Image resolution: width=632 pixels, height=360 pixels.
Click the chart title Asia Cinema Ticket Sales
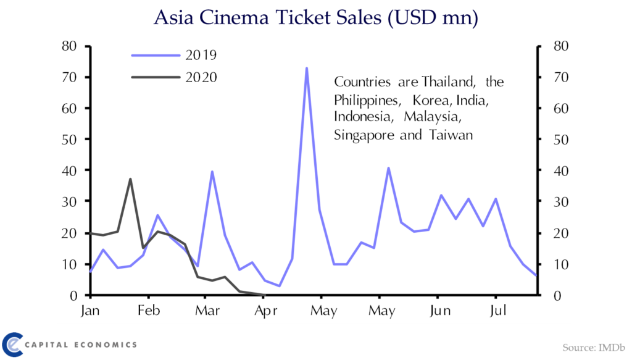[x=268, y=17]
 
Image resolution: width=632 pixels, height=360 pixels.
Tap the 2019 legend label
[x=201, y=55]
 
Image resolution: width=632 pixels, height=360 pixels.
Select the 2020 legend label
[x=201, y=77]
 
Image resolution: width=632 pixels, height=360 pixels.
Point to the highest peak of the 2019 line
[x=307, y=68]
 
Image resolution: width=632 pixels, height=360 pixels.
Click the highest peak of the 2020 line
[x=130, y=178]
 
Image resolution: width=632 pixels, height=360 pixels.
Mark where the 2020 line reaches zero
[x=264, y=295]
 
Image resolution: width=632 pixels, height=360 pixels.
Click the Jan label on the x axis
[x=89, y=311]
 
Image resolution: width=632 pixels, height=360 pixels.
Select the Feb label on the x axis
[x=149, y=310]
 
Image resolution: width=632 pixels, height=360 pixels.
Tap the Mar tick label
[x=207, y=310]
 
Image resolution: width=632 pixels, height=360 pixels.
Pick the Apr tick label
[x=265, y=311]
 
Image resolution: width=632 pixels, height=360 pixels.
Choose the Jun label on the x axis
[x=439, y=311]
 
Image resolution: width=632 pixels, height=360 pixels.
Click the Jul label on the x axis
[x=497, y=311]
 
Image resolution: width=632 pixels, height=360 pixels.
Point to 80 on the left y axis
[x=69, y=46]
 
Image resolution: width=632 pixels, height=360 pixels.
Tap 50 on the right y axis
[x=560, y=140]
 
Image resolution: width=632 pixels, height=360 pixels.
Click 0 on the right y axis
[x=557, y=296]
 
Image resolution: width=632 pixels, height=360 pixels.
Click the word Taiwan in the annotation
[x=451, y=135]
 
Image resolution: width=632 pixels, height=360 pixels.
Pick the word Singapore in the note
[x=364, y=135]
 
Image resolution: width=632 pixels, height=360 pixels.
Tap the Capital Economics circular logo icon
[x=13, y=345]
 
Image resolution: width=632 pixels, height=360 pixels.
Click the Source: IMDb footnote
[x=594, y=348]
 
